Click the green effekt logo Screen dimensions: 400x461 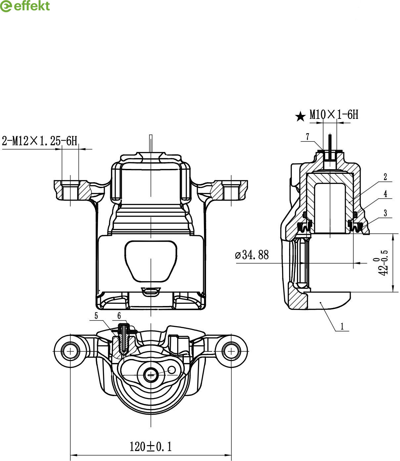coord(25,6)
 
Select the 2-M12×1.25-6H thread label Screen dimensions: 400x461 coord(40,141)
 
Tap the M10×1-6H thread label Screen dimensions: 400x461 coord(334,114)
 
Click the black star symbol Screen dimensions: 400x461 coord(300,117)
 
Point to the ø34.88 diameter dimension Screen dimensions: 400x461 coord(252,255)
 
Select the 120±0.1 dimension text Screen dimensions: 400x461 coord(150,446)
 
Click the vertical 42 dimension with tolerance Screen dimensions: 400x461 coord(383,263)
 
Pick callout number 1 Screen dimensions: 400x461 coord(342,326)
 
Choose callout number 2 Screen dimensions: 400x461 coord(385,177)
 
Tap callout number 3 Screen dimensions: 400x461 coord(385,213)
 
